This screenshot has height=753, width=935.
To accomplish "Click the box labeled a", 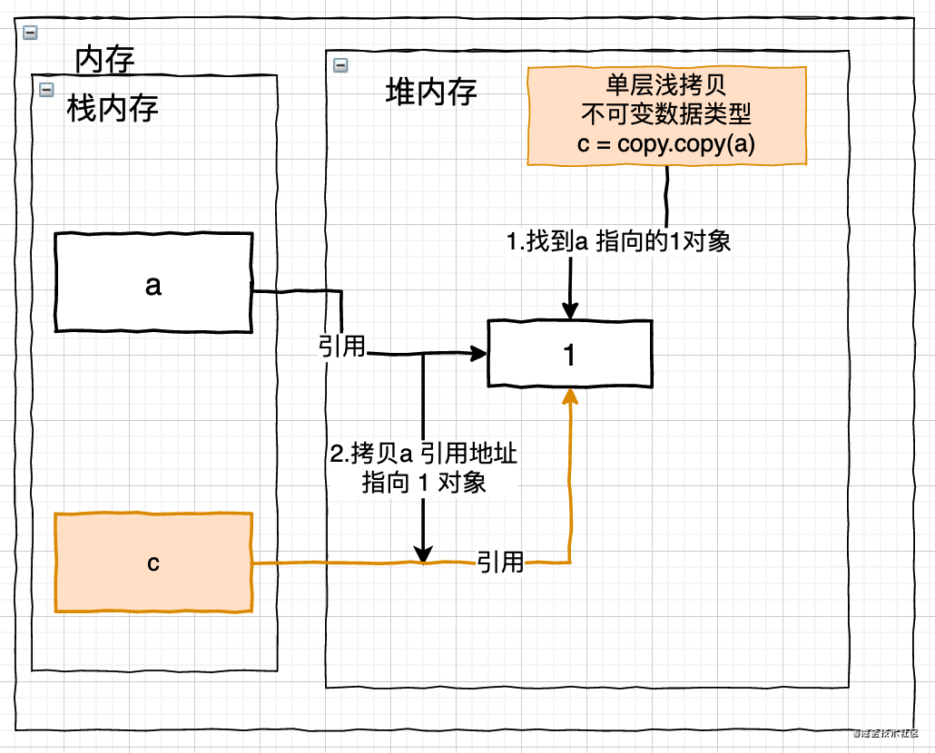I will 153,284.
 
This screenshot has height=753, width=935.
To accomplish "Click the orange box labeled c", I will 153,562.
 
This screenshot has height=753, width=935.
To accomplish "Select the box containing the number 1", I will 569,355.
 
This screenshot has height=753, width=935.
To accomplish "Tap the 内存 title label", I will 104,60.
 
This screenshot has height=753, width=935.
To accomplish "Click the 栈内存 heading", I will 113,109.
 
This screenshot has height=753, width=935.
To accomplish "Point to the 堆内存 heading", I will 431,92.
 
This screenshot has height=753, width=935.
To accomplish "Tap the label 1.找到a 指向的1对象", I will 618,241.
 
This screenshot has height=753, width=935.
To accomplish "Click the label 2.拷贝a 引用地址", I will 424,453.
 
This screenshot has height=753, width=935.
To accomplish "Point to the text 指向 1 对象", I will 424,482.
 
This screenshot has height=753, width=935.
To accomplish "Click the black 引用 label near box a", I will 341,346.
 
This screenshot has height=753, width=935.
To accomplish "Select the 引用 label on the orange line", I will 500,562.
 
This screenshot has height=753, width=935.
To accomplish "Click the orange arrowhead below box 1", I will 570,396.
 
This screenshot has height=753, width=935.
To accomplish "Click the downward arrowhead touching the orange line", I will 423,553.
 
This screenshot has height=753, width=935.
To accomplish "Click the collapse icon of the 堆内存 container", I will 340,64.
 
